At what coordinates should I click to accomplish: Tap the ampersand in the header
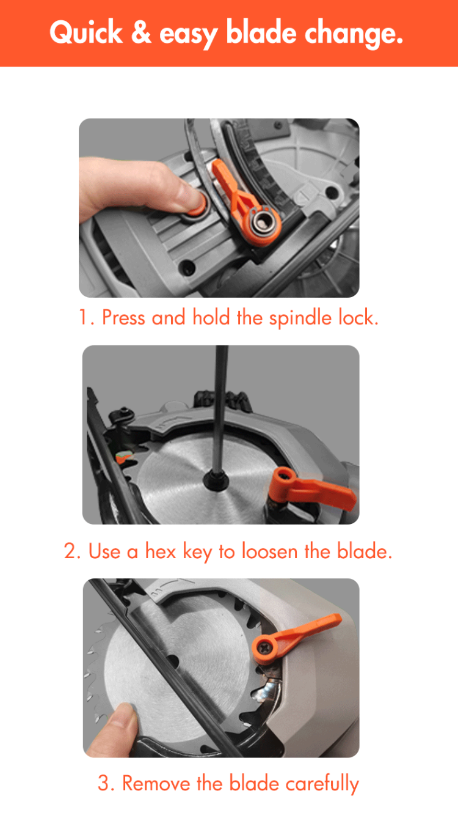[140, 33]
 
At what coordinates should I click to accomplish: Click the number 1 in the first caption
[84, 318]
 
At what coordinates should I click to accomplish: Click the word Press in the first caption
[124, 318]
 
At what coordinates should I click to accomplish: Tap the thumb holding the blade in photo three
[122, 721]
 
